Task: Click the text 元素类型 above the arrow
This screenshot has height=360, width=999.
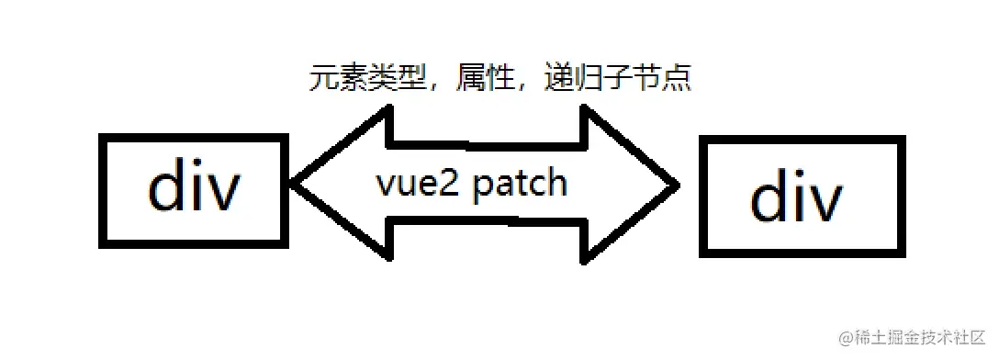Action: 367,80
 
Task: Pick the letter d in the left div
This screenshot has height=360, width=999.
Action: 168,188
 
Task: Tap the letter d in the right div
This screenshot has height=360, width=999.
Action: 770,197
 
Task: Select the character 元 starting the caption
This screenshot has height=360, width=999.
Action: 321,80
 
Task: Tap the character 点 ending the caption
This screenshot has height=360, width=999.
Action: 678,80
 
